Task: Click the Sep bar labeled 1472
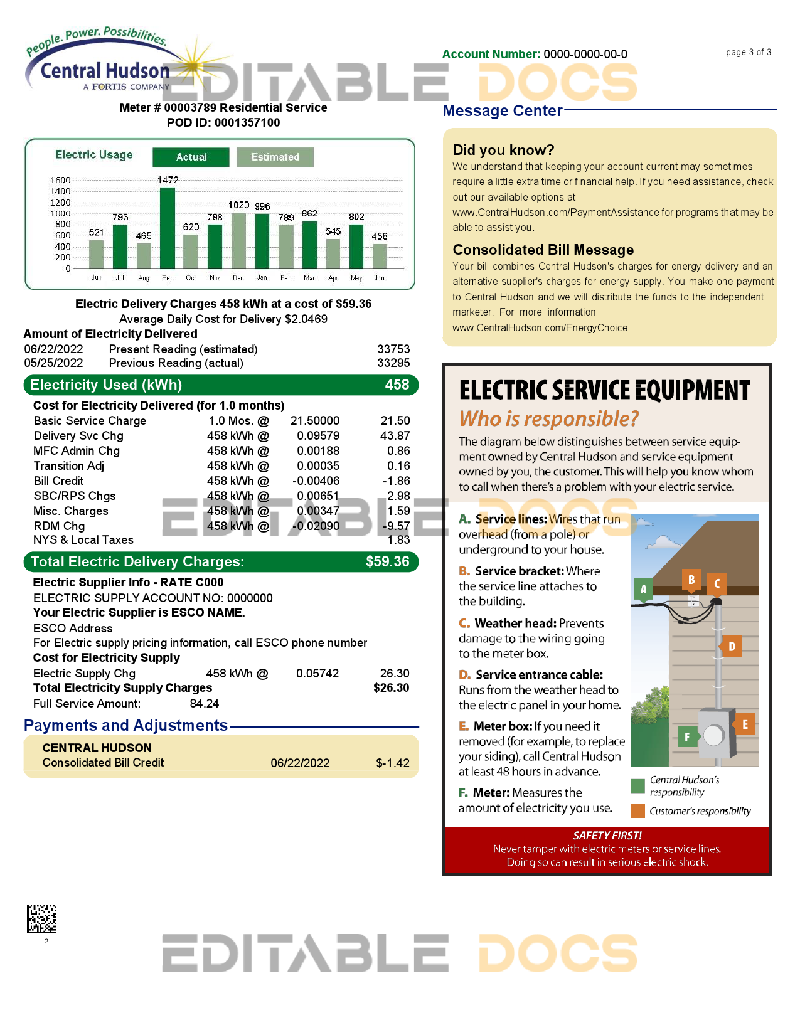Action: point(168,228)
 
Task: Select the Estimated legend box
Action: point(275,157)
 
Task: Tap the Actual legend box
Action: point(191,157)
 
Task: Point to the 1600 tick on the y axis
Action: point(60,180)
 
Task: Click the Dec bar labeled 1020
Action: point(238,241)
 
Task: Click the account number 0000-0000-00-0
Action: point(585,55)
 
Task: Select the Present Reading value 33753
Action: point(393,349)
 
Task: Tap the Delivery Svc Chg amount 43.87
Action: point(395,435)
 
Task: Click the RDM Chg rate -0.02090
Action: point(316,526)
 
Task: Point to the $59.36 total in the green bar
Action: point(387,561)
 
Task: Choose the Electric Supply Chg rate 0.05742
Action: point(317,673)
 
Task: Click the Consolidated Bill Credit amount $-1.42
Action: point(393,763)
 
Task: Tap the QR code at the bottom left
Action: point(41,918)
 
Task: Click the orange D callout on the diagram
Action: point(732,646)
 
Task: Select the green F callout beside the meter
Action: point(687,736)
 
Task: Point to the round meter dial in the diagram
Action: point(713,735)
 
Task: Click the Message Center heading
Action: point(502,111)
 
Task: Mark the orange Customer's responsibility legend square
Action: point(637,810)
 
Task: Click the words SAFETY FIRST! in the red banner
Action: point(607,836)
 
